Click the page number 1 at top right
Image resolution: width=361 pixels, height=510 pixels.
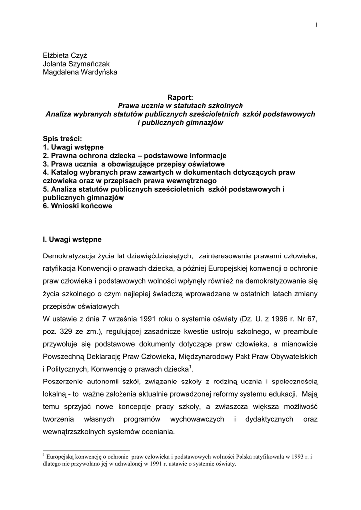316,25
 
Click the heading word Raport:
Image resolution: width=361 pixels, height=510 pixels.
180,97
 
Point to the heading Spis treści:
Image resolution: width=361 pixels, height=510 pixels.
62,139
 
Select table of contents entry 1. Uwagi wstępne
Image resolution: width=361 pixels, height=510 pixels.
73,147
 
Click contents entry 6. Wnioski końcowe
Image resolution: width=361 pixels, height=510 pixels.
77,206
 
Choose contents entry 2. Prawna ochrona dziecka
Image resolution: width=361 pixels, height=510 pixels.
90,156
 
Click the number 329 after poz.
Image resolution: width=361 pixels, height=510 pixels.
67,331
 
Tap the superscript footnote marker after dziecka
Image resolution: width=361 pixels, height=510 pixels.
191,367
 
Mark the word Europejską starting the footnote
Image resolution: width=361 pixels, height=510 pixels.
61,456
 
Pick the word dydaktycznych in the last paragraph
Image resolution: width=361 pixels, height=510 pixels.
269,419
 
